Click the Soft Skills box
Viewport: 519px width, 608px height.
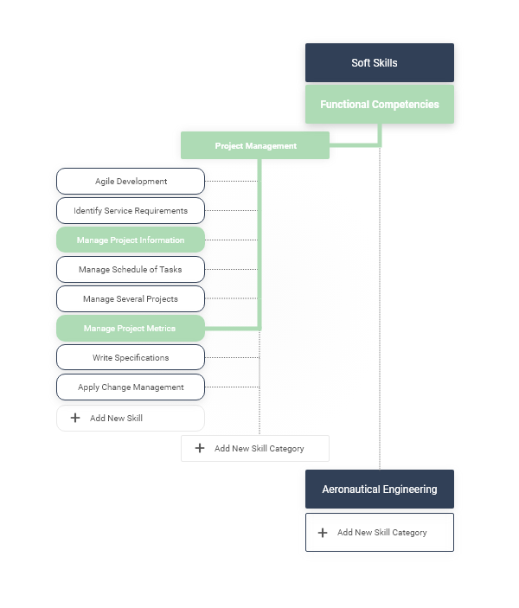[379, 63]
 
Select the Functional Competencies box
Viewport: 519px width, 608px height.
[379, 105]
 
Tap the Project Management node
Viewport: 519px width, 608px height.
[255, 146]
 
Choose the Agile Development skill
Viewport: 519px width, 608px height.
[131, 182]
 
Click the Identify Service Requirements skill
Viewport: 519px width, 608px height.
[131, 211]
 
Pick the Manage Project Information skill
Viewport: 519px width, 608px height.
[131, 240]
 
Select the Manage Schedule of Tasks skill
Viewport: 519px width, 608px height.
[131, 270]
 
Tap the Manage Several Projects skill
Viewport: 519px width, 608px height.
[131, 299]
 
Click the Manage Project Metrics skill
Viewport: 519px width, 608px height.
[131, 329]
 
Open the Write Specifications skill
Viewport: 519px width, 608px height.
[131, 358]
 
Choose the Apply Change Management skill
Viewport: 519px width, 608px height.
[131, 387]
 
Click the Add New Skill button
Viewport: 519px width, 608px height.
[131, 419]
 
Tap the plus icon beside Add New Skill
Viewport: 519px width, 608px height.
[75, 419]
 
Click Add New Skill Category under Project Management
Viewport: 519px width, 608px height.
[255, 449]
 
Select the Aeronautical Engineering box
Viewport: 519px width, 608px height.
[379, 490]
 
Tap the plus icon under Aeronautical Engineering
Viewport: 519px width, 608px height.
[323, 533]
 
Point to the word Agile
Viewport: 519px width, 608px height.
[106, 182]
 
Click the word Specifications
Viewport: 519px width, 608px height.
[144, 358]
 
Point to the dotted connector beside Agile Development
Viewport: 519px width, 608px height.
[231, 182]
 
